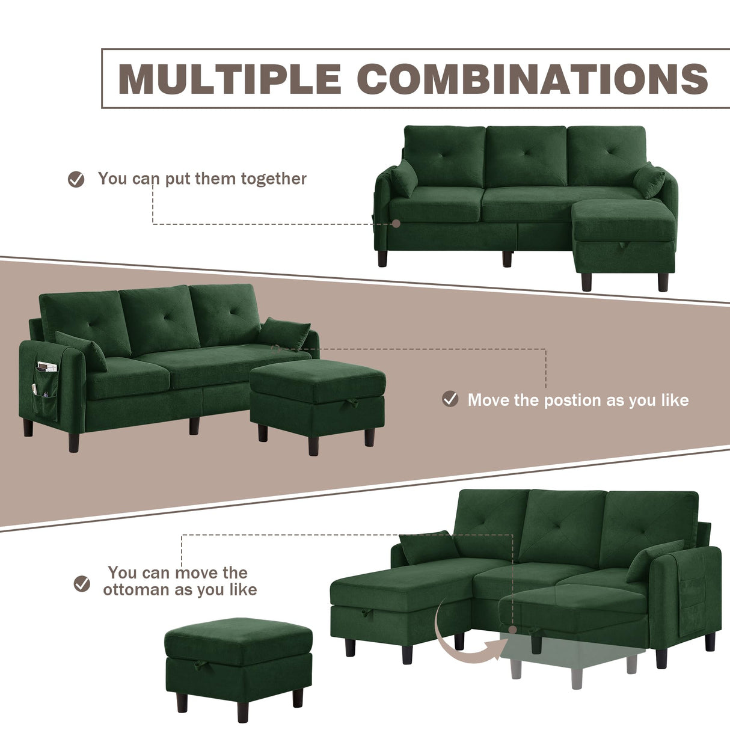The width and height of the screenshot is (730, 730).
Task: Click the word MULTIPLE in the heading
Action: [230, 79]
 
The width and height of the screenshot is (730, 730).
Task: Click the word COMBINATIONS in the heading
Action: [533, 79]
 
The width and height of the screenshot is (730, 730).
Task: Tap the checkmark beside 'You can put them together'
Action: [76, 179]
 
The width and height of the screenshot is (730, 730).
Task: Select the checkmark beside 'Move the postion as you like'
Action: [450, 399]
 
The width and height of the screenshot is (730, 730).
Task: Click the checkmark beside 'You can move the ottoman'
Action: [82, 583]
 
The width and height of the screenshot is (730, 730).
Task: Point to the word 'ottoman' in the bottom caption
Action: [136, 590]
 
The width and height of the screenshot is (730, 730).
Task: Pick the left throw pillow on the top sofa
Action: [404, 179]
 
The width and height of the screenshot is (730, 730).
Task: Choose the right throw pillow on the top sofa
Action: [649, 179]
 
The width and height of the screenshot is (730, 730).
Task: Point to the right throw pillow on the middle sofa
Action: [285, 333]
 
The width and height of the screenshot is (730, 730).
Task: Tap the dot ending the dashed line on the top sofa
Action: [396, 224]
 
